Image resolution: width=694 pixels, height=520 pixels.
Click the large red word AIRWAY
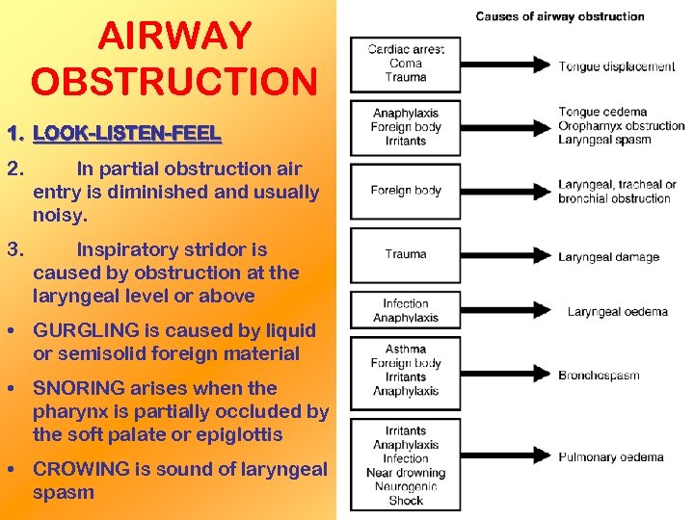coord(174,38)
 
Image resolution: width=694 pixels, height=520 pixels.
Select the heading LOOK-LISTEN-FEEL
coord(126,133)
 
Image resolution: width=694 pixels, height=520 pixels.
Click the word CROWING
coord(81,469)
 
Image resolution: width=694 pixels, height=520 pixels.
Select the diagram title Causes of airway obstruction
coord(560,16)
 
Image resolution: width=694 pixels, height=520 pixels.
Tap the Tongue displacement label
coord(617,66)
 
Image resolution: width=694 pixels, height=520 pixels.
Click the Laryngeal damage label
coord(608,257)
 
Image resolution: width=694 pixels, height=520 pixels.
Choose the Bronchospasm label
coord(599,376)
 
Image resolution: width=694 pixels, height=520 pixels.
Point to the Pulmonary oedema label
coord(611,457)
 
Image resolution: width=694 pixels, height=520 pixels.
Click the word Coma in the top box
coord(406,64)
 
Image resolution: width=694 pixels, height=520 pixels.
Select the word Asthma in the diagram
coord(406,350)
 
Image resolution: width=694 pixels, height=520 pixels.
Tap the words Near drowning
coord(406,472)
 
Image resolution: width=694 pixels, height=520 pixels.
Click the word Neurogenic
coord(406,486)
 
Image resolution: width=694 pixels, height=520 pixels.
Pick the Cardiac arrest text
coord(406,50)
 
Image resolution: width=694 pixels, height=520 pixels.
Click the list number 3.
coord(13,249)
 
